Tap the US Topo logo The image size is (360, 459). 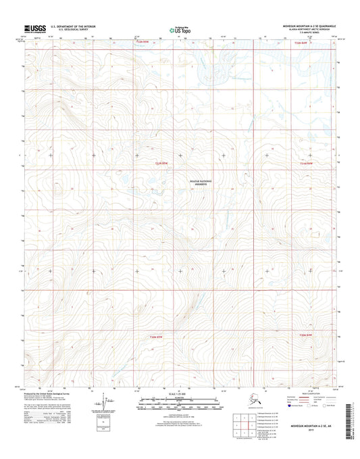pyautogui.click(x=180, y=30)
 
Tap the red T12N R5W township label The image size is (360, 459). pyautogui.click(x=138, y=43)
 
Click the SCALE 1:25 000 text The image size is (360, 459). pyautogui.click(x=179, y=394)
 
